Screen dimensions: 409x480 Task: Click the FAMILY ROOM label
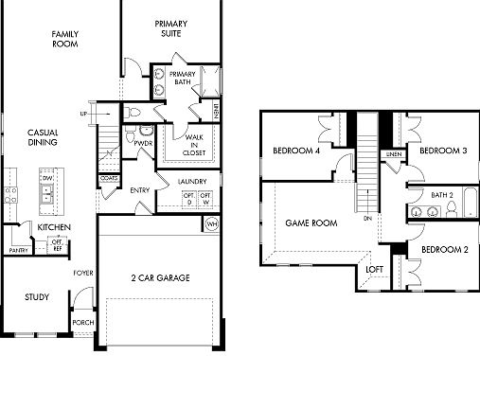coord(65,39)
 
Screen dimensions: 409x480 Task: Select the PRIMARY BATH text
coord(183,78)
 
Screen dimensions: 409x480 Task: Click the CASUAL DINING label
coord(44,137)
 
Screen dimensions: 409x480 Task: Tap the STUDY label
coord(37,297)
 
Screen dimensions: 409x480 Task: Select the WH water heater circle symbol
coord(211,225)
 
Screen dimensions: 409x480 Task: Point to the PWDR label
coord(144,144)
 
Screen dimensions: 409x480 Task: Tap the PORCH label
coord(83,323)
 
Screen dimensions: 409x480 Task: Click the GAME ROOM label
coord(311,223)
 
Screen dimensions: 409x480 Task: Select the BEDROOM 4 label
coord(296,151)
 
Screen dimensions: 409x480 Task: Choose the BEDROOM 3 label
coord(443,151)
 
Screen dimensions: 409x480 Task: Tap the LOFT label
coord(375,269)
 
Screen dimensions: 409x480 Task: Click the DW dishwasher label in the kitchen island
coord(45,177)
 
